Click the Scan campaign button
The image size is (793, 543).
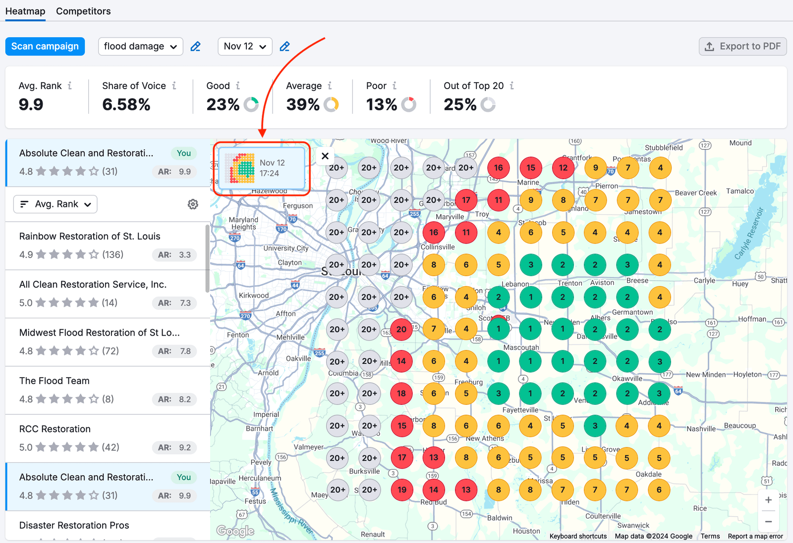[x=45, y=47]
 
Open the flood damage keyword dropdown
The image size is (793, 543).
[x=140, y=47]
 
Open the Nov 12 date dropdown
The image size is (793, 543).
[x=245, y=47]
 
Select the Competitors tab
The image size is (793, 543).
[x=83, y=11]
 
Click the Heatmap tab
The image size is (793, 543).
[x=25, y=11]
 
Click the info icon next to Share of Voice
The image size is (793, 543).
[x=174, y=86]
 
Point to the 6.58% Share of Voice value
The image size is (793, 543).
[x=126, y=104]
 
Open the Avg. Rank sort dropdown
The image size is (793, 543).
[x=55, y=204]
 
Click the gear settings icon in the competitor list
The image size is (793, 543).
[x=193, y=204]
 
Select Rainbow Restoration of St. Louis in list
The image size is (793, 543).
[x=90, y=236]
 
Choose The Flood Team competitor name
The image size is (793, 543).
[x=55, y=381]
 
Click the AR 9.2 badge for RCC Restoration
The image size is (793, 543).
[x=174, y=447]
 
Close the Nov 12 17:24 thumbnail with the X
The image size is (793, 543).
[x=325, y=156]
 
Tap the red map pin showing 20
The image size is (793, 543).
[x=401, y=329]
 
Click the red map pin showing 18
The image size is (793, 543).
[x=401, y=394]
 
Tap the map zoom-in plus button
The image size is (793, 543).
[x=768, y=500]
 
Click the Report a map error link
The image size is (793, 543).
[x=755, y=536]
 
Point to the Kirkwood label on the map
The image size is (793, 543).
[x=254, y=296]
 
